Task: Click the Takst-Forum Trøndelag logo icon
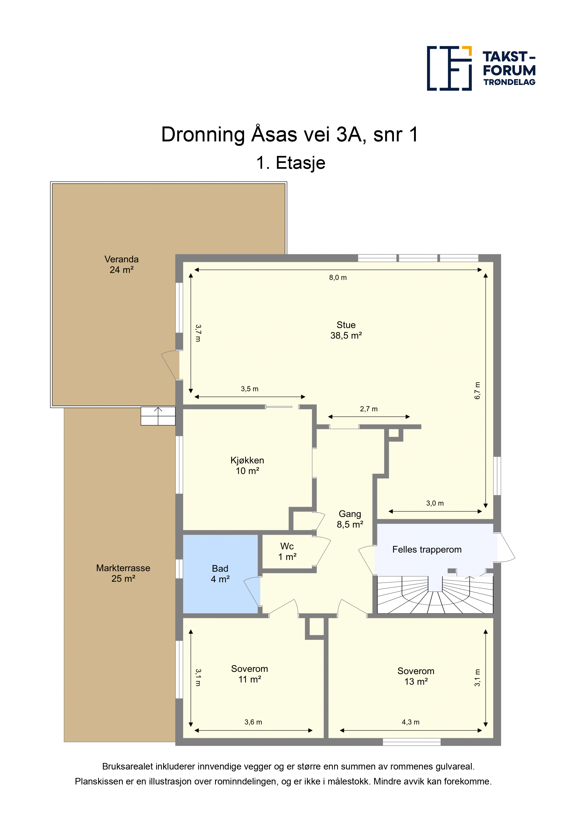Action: [x=449, y=68]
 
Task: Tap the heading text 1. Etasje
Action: [x=290, y=163]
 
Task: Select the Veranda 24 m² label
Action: [x=122, y=264]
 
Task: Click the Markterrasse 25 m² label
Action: [x=123, y=573]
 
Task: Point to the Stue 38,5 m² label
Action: [x=346, y=330]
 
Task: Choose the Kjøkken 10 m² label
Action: [x=247, y=465]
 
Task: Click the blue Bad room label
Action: [x=220, y=574]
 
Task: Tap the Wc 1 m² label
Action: [x=287, y=551]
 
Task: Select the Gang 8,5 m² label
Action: [x=350, y=519]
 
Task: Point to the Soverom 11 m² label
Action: [x=250, y=674]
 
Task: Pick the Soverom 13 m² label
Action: [x=416, y=676]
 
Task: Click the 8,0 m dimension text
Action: [x=338, y=277]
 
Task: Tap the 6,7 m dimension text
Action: [x=477, y=390]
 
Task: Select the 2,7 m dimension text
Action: [x=369, y=409]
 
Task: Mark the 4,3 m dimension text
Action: [x=411, y=722]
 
